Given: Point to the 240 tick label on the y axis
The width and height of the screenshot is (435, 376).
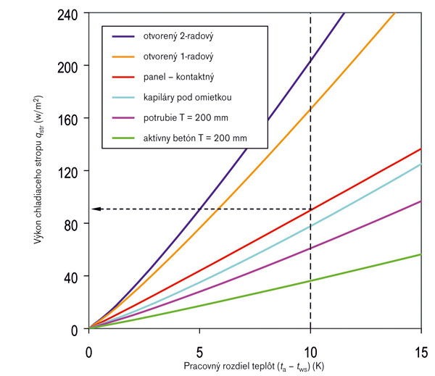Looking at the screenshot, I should coord(70,13).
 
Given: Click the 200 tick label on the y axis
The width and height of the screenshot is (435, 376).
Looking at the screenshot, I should coord(70,66).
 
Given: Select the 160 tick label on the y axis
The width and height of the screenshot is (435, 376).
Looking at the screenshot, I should coord(70,119).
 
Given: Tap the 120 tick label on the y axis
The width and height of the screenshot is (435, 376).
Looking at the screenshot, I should coord(70,172).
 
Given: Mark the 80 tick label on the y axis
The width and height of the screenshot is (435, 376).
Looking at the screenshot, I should coord(73,224).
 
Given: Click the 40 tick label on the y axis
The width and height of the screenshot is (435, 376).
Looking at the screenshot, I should coord(73,277).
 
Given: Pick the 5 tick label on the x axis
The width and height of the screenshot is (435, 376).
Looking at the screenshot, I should coord(199,346).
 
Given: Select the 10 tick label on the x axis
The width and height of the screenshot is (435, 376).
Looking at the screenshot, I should coord(310,346).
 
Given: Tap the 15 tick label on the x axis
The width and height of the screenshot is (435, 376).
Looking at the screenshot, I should coord(421,346).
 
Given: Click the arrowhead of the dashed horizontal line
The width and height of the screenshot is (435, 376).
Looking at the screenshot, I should coord(95,209).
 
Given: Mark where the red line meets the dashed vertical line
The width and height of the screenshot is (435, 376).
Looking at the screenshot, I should coord(310,209).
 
